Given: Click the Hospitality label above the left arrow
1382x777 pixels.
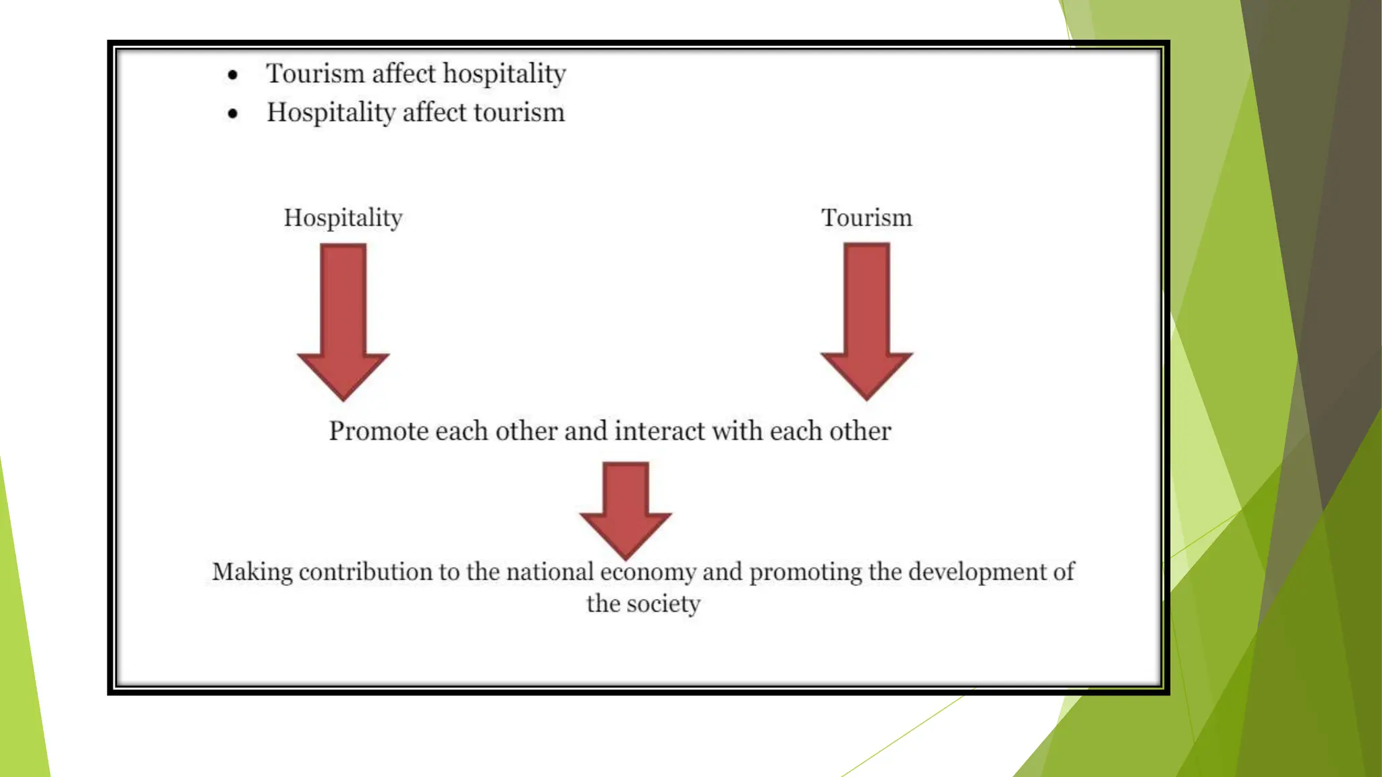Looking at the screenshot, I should coord(343,218).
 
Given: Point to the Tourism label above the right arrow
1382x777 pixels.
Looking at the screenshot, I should coord(866,218).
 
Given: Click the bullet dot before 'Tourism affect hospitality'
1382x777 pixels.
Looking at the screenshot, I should coord(233,75).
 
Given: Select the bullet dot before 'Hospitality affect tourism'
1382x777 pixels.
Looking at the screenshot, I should coord(233,114).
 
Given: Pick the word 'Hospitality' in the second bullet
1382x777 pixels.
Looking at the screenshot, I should coord(331,113).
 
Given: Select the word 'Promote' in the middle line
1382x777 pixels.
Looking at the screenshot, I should coord(378,431).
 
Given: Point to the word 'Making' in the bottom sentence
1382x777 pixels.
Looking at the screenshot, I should coord(252,572).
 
